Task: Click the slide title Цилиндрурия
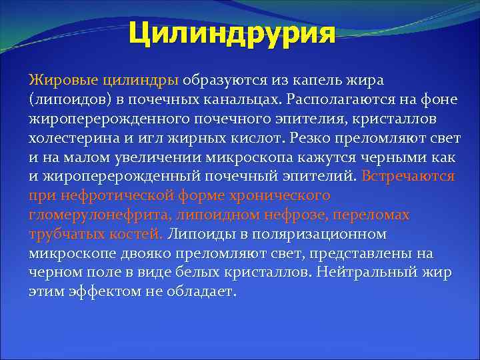pyautogui.click(x=231, y=33)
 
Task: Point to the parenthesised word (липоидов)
pyautogui.click(x=68, y=99)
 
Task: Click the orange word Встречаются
pyautogui.click(x=408, y=176)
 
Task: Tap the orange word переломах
pyautogui.click(x=374, y=215)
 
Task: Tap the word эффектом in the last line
pyautogui.click(x=95, y=293)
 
